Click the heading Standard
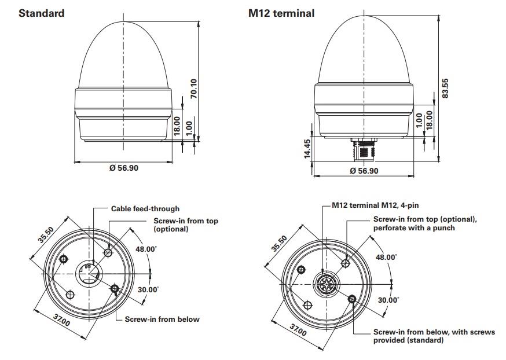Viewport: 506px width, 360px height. click(41, 13)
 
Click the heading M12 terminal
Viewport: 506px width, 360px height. click(281, 13)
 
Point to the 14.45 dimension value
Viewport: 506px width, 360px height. click(307, 149)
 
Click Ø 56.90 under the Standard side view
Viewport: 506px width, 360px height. click(124, 168)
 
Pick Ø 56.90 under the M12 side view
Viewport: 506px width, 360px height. click(365, 171)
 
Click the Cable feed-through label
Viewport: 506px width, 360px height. click(145, 208)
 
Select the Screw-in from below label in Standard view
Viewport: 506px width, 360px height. click(162, 319)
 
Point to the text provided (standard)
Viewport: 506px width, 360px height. click(408, 340)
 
